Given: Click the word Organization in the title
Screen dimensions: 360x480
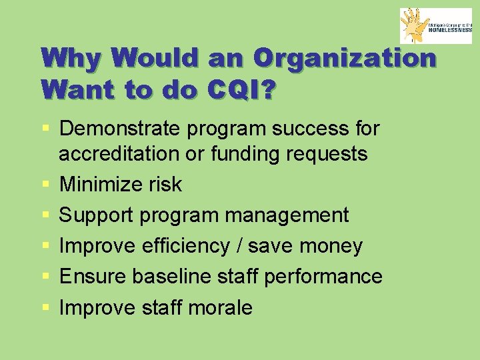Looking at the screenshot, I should click(x=345, y=58).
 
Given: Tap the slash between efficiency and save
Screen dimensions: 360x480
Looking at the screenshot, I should click(x=239, y=245).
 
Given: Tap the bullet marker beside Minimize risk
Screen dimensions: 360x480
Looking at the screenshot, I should click(x=45, y=185).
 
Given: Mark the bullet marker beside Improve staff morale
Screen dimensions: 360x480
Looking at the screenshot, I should click(x=45, y=308).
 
